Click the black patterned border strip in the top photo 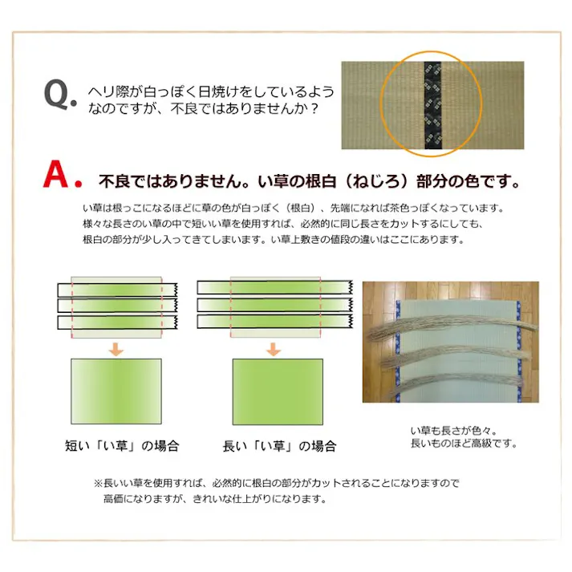(x=432, y=105)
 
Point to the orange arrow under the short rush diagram (x=116, y=349)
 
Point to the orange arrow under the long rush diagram (x=274, y=349)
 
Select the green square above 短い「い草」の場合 (x=116, y=391)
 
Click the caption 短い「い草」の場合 (x=121, y=446)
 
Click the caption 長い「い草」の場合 (x=279, y=446)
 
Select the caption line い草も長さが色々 (x=447, y=430)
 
